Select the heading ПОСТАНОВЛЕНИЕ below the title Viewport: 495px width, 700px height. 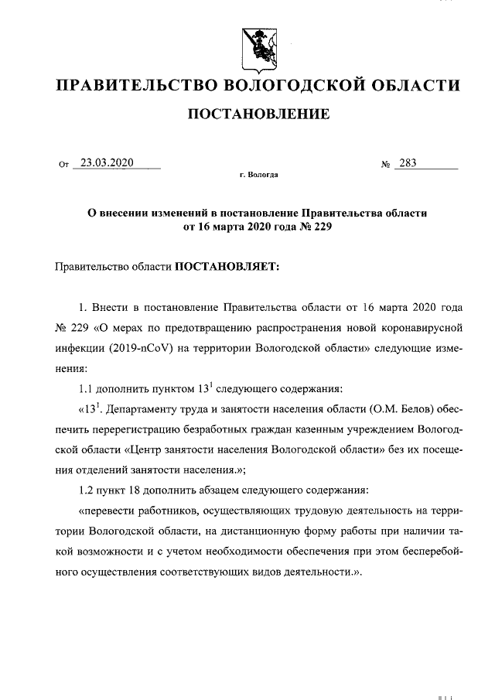click(258, 114)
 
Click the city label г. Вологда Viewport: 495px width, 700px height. click(258, 176)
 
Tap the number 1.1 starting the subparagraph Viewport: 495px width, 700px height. click(88, 388)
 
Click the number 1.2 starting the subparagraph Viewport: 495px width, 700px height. click(88, 490)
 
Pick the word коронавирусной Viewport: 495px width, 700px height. click(417, 328)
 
